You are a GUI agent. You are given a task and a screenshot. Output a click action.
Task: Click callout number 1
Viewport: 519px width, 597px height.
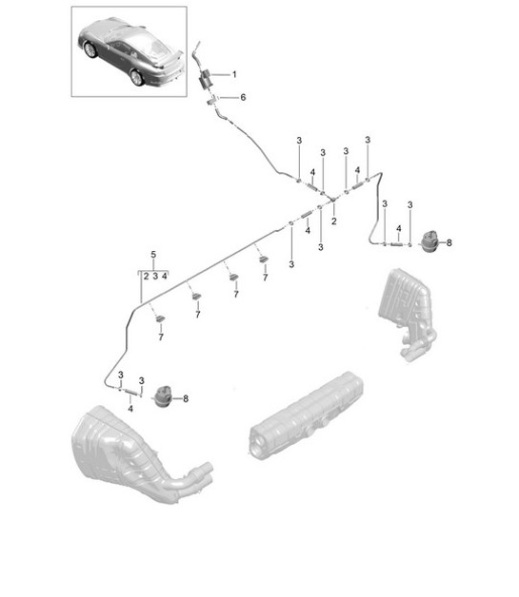[235, 74]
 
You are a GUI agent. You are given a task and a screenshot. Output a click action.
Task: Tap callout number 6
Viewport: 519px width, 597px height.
[242, 97]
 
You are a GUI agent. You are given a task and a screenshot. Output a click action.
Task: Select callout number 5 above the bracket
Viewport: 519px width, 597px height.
[152, 254]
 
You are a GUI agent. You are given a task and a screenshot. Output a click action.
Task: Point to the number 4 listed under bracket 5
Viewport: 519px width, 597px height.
[166, 275]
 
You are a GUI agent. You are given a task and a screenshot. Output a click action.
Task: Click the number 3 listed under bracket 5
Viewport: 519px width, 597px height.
[154, 275]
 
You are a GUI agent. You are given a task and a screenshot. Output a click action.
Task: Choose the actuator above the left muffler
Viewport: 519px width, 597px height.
[167, 395]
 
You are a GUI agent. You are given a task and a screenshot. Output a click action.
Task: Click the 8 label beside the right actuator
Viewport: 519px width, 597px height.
[449, 243]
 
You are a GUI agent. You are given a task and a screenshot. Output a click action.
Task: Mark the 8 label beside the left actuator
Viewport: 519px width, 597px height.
[186, 398]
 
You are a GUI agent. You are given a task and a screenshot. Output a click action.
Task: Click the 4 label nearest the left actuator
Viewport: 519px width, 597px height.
[130, 408]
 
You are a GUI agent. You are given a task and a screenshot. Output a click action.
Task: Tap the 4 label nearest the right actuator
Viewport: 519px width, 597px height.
[398, 228]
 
